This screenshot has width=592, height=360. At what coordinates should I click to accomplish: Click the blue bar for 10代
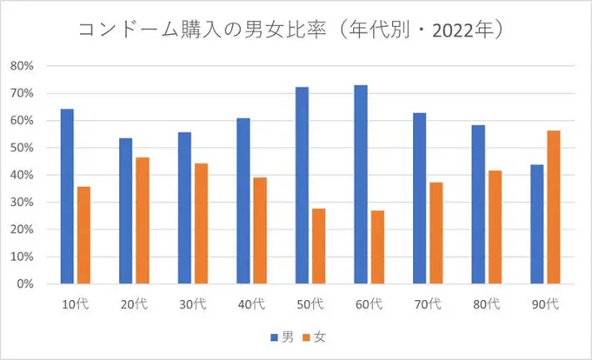click(x=67, y=197)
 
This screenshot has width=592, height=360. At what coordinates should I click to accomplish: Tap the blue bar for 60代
click(x=361, y=184)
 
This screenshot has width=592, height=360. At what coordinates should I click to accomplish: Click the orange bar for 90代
click(x=553, y=207)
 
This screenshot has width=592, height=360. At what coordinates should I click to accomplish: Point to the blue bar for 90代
click(x=536, y=224)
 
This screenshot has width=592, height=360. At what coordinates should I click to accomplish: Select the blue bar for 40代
click(x=243, y=201)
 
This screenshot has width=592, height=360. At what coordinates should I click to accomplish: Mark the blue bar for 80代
click(x=478, y=204)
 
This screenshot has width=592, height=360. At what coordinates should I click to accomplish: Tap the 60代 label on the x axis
click(x=368, y=304)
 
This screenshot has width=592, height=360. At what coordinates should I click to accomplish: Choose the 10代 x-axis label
click(x=75, y=304)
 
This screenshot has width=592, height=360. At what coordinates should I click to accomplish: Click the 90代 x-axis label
click(x=545, y=304)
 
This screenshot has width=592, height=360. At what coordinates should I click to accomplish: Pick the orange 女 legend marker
click(x=306, y=337)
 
